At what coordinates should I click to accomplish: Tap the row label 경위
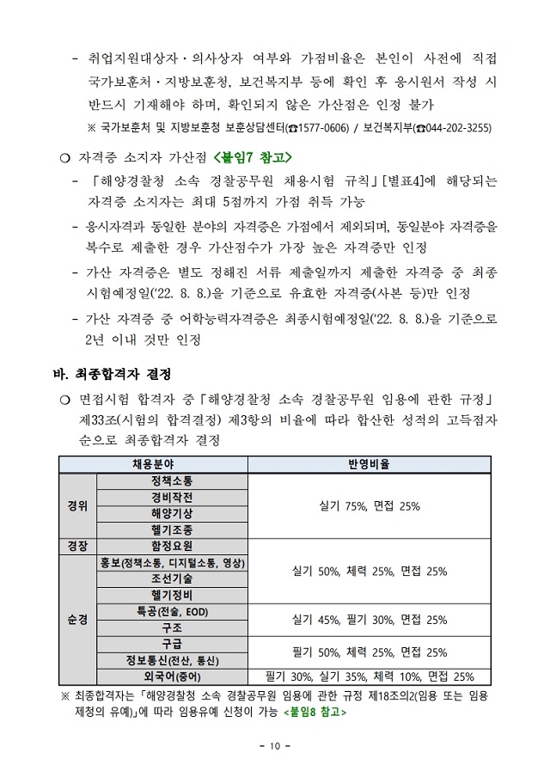(77, 505)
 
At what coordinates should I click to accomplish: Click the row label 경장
(77, 546)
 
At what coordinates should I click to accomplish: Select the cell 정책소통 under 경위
(172, 480)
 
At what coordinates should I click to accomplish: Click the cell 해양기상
(172, 513)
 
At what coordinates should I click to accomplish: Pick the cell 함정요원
(172, 546)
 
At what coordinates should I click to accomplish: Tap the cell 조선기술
(172, 578)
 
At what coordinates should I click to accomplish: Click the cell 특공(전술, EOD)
(172, 611)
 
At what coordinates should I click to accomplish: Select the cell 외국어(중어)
(172, 676)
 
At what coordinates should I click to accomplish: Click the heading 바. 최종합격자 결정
(113, 374)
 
